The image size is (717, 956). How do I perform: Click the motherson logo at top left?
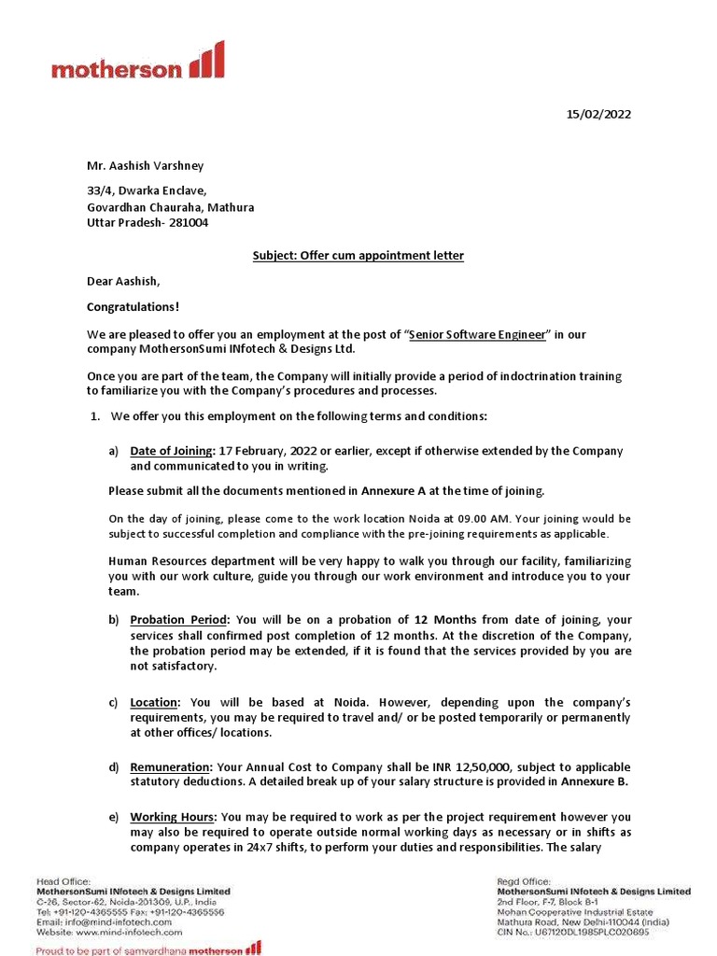click(x=137, y=62)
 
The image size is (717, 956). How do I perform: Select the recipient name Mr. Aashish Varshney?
click(x=145, y=166)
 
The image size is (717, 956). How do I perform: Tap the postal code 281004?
click(x=189, y=222)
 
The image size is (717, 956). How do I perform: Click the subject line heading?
click(x=358, y=255)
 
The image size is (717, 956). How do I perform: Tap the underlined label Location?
click(x=156, y=702)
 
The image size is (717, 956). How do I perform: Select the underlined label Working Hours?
click(x=174, y=817)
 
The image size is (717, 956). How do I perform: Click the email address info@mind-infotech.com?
click(x=100, y=921)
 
